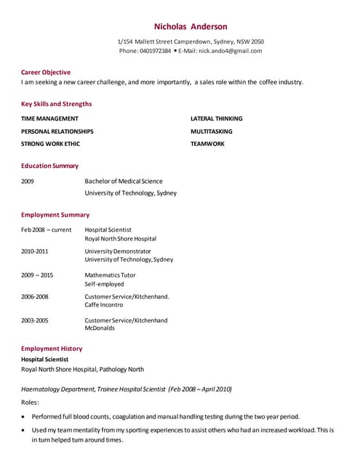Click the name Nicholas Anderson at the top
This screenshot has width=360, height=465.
click(191, 26)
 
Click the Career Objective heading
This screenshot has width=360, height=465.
click(46, 72)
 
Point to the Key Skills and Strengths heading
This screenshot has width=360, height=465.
click(56, 104)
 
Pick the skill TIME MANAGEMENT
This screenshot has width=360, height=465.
click(49, 118)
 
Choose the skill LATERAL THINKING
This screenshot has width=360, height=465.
click(216, 118)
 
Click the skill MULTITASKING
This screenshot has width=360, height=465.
click(211, 132)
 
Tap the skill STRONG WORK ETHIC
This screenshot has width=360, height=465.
click(50, 144)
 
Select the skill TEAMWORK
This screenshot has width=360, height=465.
click(207, 144)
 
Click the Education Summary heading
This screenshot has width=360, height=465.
click(49, 166)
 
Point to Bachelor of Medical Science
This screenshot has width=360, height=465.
click(124, 181)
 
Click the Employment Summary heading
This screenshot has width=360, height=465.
click(55, 214)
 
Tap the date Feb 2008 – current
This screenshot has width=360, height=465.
click(46, 230)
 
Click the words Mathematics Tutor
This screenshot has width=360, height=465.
click(110, 275)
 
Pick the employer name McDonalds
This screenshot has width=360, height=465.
click(100, 328)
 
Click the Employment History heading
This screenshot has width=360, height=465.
click(52, 349)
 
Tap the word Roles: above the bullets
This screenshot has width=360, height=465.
click(30, 402)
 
